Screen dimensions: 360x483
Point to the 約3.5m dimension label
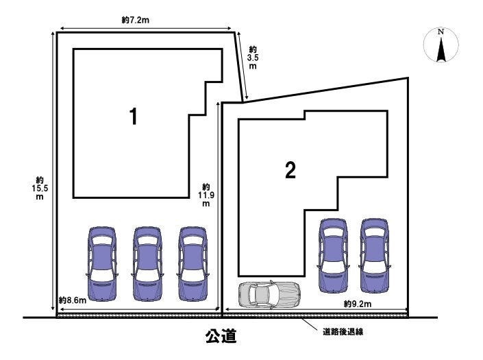tap(253, 58)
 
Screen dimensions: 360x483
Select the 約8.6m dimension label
tap(72, 301)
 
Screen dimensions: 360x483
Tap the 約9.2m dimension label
tap(357, 304)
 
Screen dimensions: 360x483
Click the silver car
tap(270, 294)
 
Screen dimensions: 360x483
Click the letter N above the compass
tap(441, 32)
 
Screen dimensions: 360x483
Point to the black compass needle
tap(441, 50)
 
